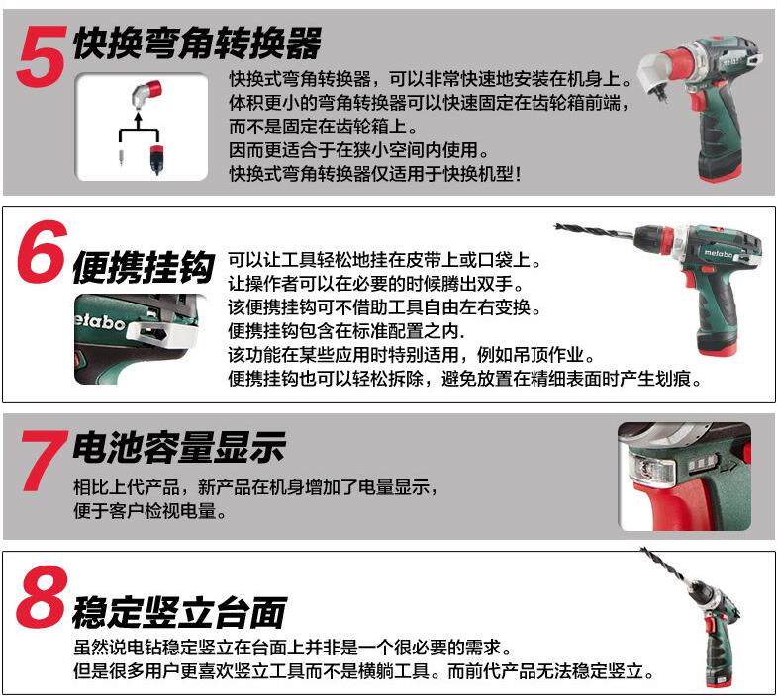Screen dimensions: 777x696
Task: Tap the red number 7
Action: point(45,461)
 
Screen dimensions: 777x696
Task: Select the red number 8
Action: point(42,597)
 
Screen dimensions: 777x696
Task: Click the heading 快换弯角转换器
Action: point(198,43)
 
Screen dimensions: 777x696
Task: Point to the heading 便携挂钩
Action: point(144,267)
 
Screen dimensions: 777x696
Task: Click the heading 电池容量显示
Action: point(179,448)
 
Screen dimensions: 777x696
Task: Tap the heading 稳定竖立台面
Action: point(179,612)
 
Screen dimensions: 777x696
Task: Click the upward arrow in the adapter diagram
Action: point(138,121)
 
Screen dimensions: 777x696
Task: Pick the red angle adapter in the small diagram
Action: point(147,93)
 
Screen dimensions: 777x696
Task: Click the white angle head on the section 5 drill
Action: point(654,74)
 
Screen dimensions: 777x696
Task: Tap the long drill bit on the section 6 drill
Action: point(595,231)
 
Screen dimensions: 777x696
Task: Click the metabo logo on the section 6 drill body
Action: point(718,253)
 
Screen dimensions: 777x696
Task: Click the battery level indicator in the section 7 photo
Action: point(702,464)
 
